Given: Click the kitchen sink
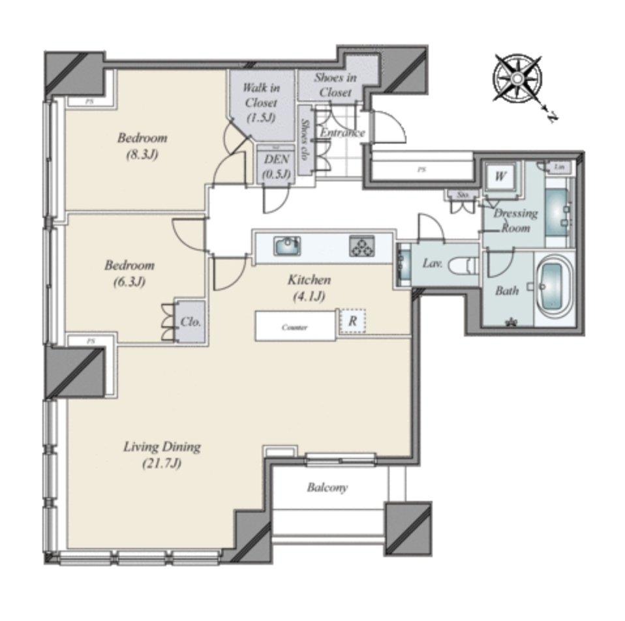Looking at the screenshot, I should [286, 246].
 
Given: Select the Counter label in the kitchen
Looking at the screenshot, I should [294, 327].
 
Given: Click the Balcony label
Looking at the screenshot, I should [328, 487].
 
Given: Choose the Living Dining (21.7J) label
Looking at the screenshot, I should [162, 455].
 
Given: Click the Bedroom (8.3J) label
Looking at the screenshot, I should [142, 146].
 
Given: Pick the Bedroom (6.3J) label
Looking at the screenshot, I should [130, 273].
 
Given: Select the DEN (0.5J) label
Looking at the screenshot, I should [277, 167].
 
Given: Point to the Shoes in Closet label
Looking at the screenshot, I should [335, 85].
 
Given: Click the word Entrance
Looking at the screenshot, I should [342, 133].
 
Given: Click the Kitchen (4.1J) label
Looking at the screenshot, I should [309, 288].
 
